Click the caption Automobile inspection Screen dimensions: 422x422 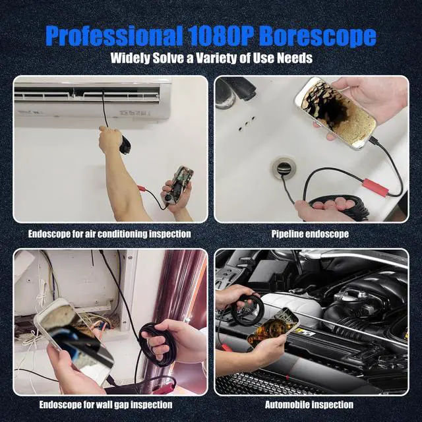pos(309,404)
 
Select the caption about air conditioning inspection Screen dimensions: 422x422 pos(109,233)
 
